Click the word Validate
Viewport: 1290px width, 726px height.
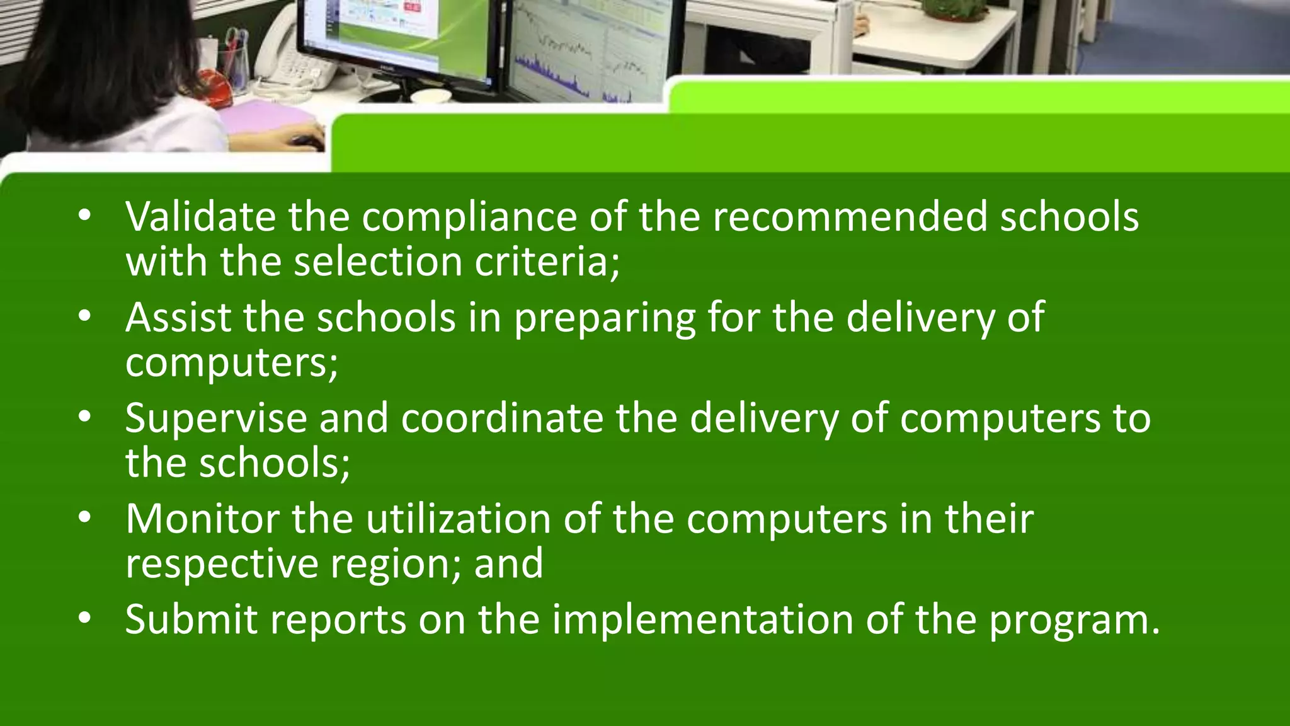200,216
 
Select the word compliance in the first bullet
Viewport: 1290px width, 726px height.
469,216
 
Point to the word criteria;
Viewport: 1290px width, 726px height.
547,261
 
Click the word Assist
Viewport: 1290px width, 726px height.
178,317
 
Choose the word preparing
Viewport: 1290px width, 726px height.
604,317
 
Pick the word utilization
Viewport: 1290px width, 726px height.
459,519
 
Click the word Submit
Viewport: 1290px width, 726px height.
191,619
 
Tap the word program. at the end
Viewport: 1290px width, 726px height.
1074,619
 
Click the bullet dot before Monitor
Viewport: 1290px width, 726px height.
85,518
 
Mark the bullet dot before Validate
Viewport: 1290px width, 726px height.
85,216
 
